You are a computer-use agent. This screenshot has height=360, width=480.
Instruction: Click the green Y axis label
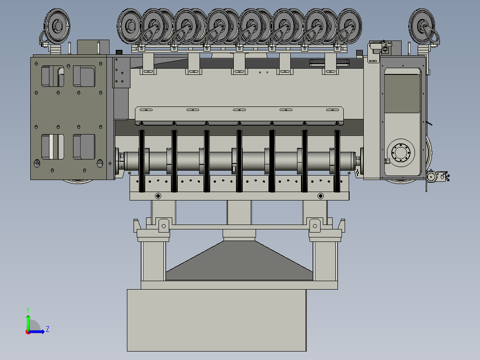point(28,310)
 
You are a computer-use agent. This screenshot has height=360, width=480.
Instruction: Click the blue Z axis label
point(48,329)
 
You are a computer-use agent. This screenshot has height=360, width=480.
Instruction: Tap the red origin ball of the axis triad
point(28,332)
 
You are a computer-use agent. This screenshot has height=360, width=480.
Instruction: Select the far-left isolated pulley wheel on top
point(57,26)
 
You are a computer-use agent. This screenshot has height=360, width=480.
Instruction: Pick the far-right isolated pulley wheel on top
point(422,26)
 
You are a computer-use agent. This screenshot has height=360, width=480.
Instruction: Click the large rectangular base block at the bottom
point(217,320)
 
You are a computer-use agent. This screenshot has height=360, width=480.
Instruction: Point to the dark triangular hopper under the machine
point(239,261)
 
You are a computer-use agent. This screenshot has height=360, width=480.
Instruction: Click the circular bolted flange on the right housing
point(401,153)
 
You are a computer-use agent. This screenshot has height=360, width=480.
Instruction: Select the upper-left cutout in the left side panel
point(53,76)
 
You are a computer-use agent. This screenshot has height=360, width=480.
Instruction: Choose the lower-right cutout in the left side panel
point(84,147)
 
